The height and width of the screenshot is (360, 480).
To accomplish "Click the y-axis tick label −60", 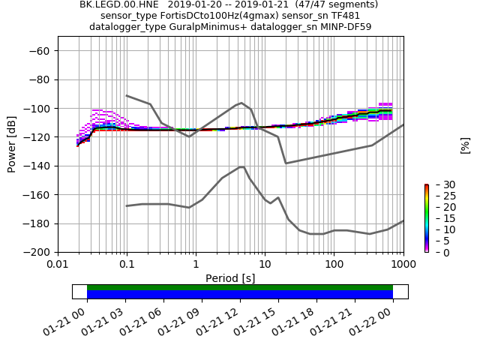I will click(41, 51).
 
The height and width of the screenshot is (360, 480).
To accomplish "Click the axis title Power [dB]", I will click(12, 144).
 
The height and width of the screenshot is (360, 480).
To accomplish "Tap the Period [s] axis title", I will click(230, 278).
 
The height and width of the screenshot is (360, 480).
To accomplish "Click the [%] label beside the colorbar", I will click(465, 145).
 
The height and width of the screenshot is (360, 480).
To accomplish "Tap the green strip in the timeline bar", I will click(240, 287).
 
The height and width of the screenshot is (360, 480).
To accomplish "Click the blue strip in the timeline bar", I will click(240, 295).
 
